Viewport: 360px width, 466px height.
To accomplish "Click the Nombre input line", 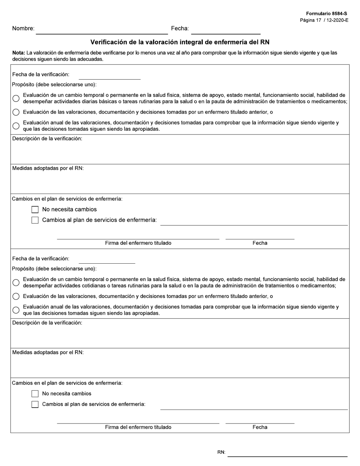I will point(102,30).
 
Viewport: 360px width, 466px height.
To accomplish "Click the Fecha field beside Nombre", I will point(225,30).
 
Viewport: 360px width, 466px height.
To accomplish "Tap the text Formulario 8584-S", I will point(326,14).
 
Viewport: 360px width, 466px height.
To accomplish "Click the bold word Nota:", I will point(19,53).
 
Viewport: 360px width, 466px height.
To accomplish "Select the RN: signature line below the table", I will point(287,453).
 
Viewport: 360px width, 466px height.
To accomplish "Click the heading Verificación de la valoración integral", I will point(180,42).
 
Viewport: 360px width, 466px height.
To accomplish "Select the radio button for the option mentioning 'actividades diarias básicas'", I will point(16,99).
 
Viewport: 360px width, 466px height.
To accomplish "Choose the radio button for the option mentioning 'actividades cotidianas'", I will point(16,283).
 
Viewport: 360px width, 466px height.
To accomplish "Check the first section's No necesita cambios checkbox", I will point(35,210).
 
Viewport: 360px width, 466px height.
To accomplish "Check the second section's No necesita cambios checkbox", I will point(35,394).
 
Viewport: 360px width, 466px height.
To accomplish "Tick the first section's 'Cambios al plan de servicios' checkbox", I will point(35,220).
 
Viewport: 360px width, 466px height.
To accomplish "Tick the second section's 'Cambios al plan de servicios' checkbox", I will point(35,404).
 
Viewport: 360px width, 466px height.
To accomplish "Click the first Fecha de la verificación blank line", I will point(110,76).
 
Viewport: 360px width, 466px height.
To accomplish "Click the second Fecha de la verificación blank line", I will point(107,260).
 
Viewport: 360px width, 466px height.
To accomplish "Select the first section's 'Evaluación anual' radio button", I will point(16,126).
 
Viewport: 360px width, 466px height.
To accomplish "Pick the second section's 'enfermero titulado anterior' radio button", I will point(16,296).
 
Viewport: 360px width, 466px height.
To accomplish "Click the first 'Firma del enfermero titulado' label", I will point(138,243).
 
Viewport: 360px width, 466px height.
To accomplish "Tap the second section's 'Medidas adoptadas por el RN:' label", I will point(48,352).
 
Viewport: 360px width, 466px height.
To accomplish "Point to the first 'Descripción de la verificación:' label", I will point(47,139).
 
